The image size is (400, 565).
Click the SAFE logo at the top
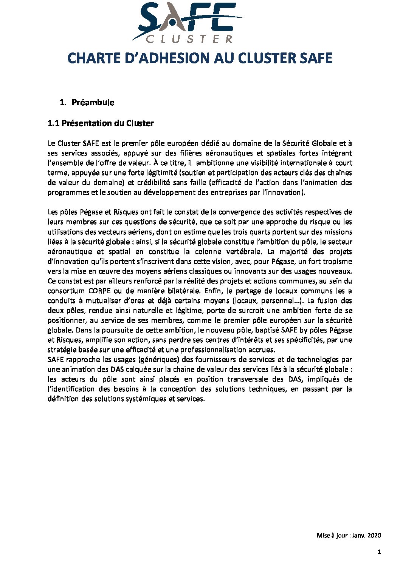(187, 22)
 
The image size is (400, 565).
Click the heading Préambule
(93, 103)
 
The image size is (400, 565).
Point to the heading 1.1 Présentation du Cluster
(101, 123)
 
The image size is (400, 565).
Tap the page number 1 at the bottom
(379, 552)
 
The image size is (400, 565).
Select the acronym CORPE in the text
(99, 291)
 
